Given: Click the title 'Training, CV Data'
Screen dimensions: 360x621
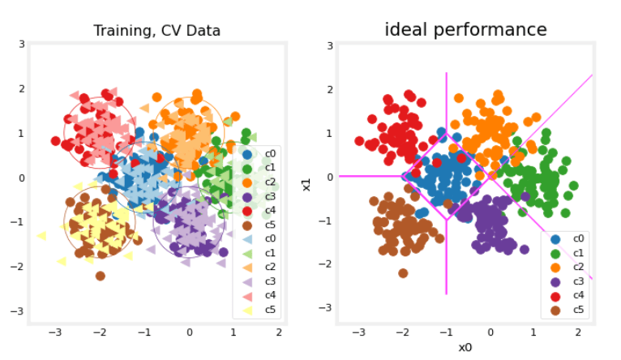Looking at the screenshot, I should coord(157,32).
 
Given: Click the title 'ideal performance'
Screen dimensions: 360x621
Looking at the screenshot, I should coord(465,30).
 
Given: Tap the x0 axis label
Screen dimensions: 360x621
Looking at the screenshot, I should coord(465,347).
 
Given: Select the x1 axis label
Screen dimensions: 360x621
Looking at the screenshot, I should coord(307,184).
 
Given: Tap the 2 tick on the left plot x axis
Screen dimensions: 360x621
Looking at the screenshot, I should coord(279,332).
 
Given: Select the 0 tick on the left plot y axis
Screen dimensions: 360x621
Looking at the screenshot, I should coord(22,178).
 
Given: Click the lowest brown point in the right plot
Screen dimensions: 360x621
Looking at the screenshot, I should coord(403,273).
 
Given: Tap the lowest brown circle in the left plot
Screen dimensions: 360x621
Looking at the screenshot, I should coord(101,276).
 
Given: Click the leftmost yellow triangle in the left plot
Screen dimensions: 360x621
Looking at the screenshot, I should coord(41,236).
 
